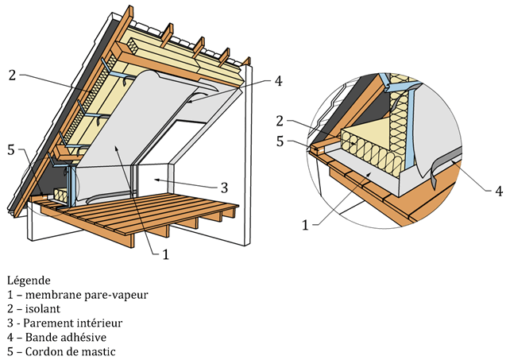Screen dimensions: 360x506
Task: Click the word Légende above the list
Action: [x=29, y=281]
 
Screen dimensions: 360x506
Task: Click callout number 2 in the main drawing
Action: [x=12, y=75]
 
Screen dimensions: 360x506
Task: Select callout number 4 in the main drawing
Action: [x=278, y=79]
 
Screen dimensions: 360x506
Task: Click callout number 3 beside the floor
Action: [x=225, y=188]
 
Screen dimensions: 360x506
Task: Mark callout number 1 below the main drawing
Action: [x=165, y=254]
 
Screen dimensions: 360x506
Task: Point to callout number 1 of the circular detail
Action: [x=306, y=225]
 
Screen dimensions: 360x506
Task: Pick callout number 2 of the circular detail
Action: [x=280, y=121]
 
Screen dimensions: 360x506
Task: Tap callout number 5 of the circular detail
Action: [x=280, y=141]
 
